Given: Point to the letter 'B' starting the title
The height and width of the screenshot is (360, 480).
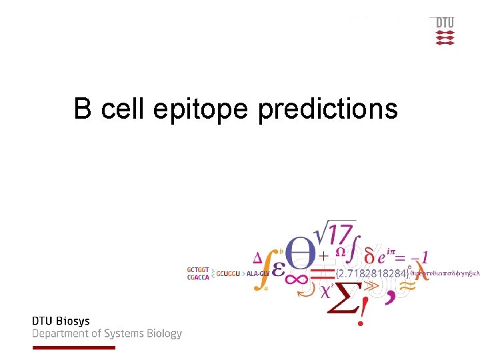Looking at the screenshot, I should (x=83, y=108).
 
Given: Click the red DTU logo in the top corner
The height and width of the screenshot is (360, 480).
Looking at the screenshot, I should (x=445, y=31).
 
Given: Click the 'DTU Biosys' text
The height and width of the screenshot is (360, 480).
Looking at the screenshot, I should (x=61, y=321).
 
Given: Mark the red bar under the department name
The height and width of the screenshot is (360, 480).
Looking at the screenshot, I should (x=73, y=347).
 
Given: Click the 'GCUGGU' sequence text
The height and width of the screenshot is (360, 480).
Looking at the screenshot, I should (x=227, y=273).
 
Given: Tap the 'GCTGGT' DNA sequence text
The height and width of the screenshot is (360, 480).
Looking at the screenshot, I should (x=198, y=269).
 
